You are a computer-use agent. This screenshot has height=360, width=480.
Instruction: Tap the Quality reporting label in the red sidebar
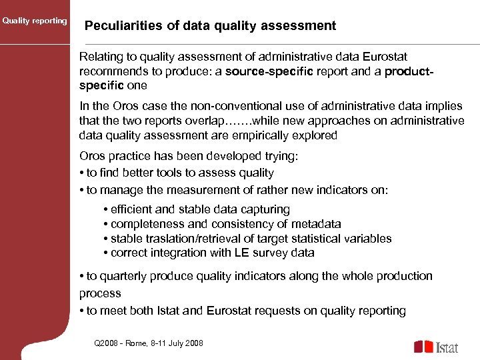pos(35,21)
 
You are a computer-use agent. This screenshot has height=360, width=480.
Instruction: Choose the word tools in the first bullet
pos(167,173)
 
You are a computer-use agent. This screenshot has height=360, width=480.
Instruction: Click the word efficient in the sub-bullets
pos(133,209)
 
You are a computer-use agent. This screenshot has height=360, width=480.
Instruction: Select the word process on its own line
pos(100,293)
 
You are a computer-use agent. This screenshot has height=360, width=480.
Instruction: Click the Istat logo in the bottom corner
pos(436,347)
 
